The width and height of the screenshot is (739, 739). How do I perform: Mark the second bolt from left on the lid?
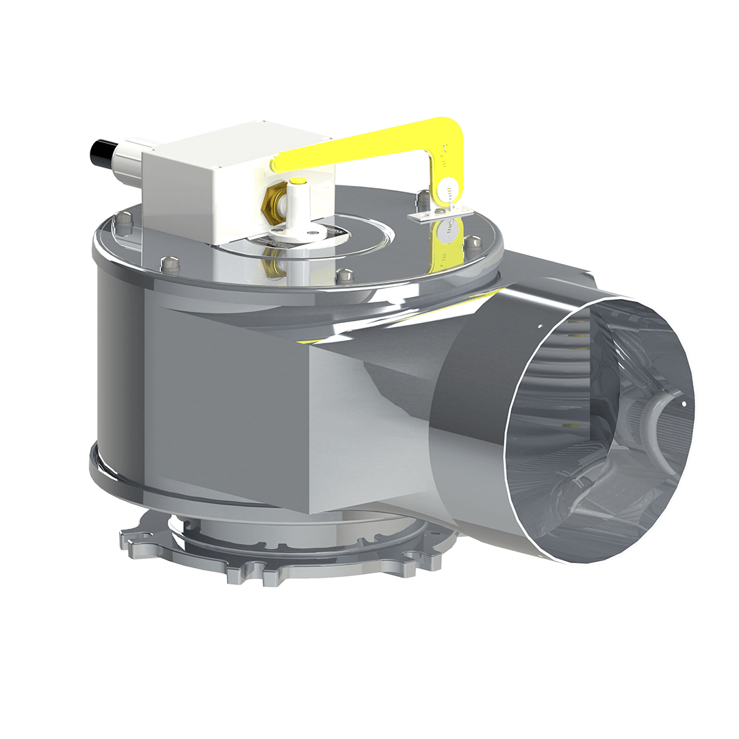click(x=169, y=261)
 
